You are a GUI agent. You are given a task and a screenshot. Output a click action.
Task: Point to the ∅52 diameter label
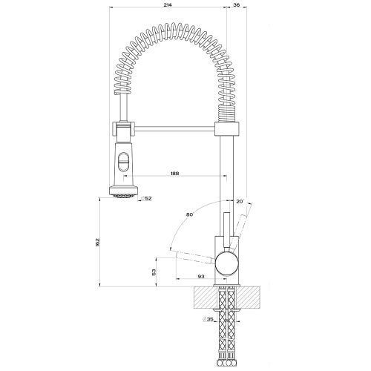pos(147,198)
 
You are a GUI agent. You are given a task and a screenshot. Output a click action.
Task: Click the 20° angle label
pos(239,200)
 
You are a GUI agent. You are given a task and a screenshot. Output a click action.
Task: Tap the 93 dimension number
pos(201,276)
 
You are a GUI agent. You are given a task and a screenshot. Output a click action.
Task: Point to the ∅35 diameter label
pos(210,321)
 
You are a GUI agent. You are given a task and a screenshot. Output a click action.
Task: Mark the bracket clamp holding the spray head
pos(122,130)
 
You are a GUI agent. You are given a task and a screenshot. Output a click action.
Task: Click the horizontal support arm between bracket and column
pos(174,130)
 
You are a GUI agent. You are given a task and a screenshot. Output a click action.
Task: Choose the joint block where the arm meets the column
pos(228,130)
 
